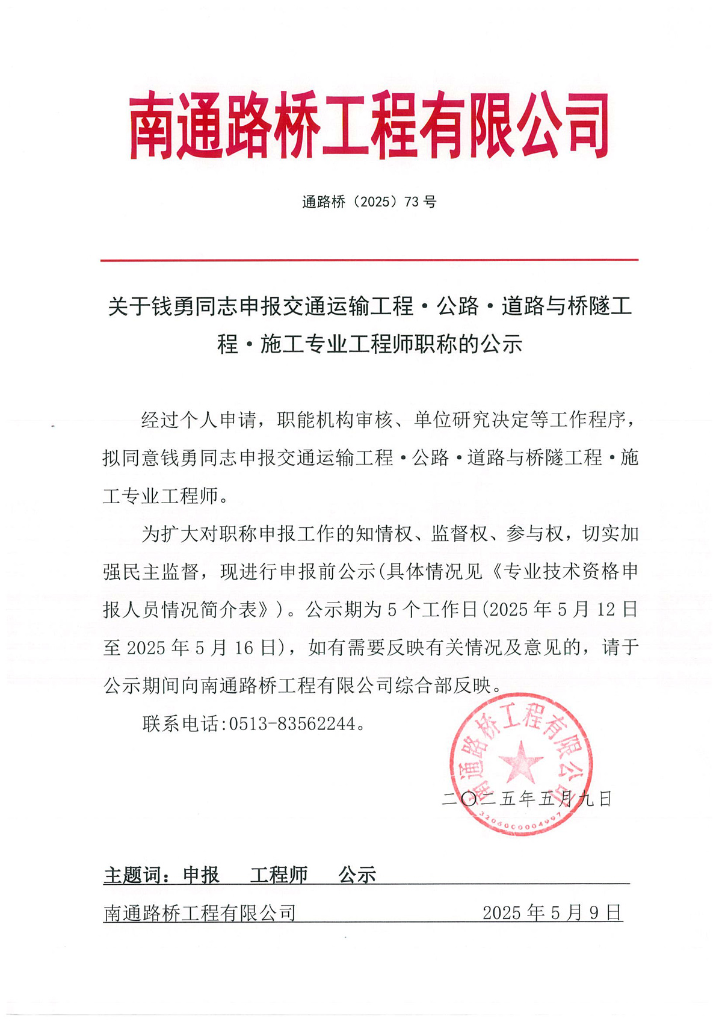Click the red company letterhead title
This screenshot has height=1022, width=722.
point(368,126)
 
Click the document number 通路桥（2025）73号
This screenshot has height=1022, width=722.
point(368,202)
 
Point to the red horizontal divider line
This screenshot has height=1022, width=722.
point(368,260)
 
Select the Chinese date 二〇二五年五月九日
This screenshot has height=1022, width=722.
point(526,799)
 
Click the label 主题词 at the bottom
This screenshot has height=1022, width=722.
point(133,875)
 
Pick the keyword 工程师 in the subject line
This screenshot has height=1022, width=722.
point(279,875)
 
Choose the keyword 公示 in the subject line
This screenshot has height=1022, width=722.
point(357,875)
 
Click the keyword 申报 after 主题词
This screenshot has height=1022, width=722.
point(201,875)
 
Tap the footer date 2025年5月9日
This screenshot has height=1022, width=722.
point(552,913)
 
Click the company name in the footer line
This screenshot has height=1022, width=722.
point(200,913)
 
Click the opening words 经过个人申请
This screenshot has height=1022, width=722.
point(199,420)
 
